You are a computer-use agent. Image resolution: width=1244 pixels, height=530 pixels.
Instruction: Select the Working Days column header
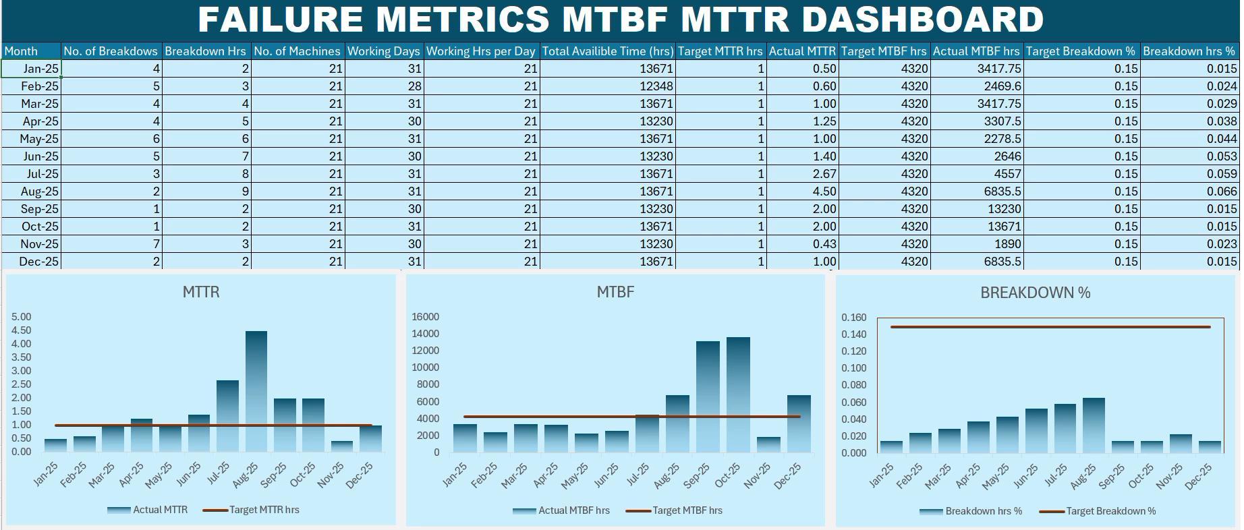point(384,51)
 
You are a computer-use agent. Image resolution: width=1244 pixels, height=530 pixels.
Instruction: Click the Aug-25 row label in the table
point(39,192)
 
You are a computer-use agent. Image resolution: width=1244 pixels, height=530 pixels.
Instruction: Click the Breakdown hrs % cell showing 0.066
point(1221,192)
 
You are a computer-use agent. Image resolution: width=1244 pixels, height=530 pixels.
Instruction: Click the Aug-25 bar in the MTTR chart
point(256,391)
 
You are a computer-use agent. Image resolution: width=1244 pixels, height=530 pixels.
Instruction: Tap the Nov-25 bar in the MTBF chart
point(768,445)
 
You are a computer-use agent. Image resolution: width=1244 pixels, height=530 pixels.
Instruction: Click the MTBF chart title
point(615,292)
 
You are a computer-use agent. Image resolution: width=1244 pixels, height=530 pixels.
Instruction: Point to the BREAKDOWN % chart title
point(1035,293)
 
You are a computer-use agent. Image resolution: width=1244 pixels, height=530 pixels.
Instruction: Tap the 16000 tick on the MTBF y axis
point(425,317)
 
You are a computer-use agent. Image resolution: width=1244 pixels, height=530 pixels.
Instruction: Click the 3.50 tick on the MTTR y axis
point(22,371)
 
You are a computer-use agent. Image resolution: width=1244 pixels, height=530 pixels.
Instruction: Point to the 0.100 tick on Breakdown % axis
point(853,368)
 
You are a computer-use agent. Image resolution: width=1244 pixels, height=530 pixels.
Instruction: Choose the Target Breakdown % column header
point(1081,51)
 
